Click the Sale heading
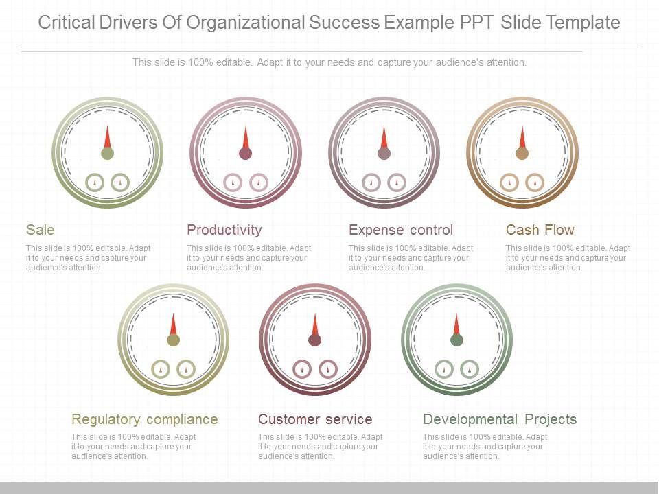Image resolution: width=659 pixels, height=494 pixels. [41, 230]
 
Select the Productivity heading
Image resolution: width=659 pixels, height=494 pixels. [224, 230]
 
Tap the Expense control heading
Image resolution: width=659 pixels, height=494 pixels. [401, 230]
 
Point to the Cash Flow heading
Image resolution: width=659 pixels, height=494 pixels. [540, 230]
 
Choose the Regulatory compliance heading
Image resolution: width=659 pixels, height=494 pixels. [145, 419]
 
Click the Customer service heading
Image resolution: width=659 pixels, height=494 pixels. [315, 419]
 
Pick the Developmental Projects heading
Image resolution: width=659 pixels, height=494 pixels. [500, 419]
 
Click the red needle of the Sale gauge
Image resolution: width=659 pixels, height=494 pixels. [107, 137]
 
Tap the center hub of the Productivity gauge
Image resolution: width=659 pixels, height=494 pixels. [245, 153]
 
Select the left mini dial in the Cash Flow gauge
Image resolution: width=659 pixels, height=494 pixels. [509, 182]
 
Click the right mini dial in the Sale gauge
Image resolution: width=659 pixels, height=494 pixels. [120, 182]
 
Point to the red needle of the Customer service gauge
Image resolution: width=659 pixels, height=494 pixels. [315, 325]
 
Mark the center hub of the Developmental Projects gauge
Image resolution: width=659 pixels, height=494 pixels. [456, 340]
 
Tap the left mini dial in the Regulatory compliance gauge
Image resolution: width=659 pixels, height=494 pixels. [160, 369]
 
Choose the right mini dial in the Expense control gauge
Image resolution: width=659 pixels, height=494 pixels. [397, 182]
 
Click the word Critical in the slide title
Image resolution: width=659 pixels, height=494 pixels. [66, 23]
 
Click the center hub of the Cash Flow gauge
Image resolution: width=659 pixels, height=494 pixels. [522, 153]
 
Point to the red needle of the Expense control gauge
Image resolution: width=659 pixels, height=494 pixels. [384, 137]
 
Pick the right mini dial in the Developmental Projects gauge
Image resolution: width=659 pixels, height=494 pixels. [470, 369]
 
